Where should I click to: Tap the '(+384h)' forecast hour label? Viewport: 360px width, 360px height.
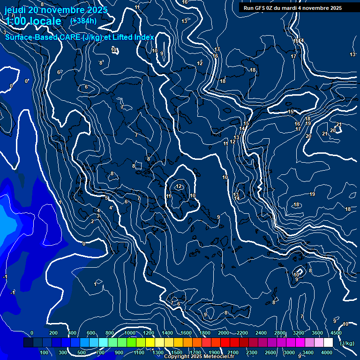(83, 21)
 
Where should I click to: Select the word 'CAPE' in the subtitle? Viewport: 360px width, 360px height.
(69, 37)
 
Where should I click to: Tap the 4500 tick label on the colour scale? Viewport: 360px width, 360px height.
(336, 333)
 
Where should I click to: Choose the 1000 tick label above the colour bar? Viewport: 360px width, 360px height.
(129, 333)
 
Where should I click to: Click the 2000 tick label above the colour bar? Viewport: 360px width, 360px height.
(223, 333)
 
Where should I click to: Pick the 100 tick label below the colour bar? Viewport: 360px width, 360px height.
(45, 352)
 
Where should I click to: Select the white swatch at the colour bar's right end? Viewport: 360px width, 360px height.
(328, 343)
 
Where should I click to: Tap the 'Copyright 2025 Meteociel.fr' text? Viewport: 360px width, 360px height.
(199, 357)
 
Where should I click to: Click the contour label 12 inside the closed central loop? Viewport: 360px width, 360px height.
(179, 187)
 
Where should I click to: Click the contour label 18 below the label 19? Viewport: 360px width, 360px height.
(296, 205)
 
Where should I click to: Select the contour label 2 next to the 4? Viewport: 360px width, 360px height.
(92, 221)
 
